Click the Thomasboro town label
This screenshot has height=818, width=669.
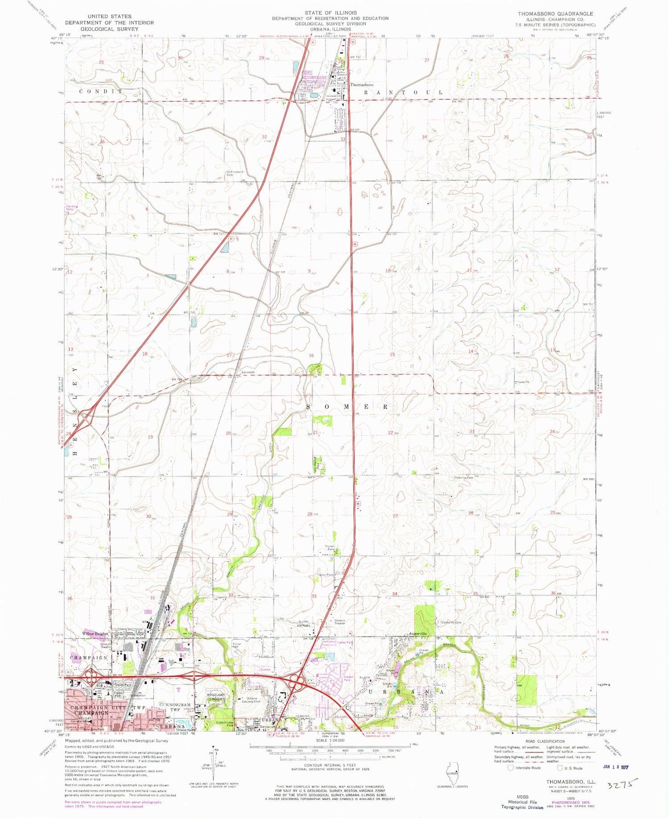[362, 85]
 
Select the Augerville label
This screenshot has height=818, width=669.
[418, 633]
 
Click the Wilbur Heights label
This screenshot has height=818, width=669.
[95, 634]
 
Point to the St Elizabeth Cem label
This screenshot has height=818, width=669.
[236, 173]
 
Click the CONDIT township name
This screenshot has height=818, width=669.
[100, 91]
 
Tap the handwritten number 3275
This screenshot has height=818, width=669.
[623, 784]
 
